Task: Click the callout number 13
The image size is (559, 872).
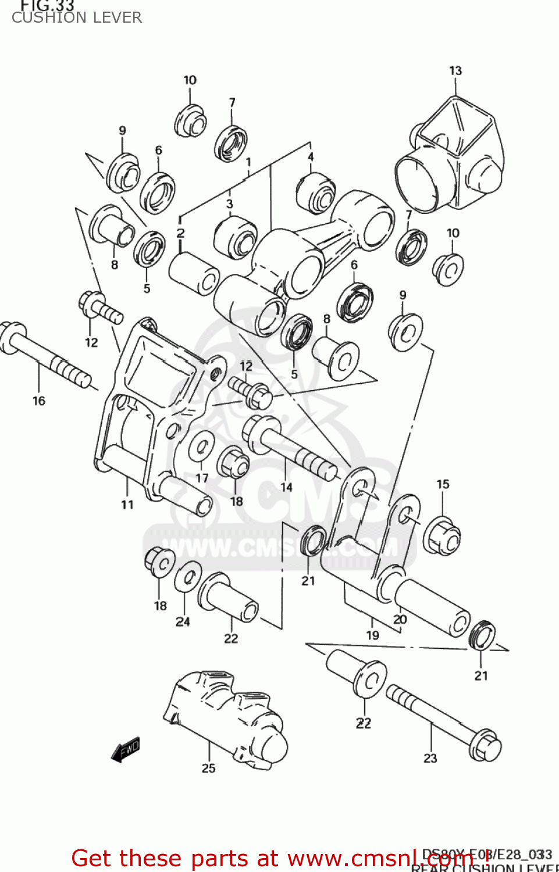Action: (x=455, y=71)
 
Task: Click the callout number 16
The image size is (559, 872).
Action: (x=39, y=401)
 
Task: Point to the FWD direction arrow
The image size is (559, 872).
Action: (x=126, y=749)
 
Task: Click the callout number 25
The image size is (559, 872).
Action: (x=208, y=768)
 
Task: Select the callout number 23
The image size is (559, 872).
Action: (x=430, y=758)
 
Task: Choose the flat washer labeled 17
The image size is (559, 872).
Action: (x=201, y=447)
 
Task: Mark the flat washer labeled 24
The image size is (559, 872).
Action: (x=188, y=577)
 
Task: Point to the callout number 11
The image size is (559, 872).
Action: (x=127, y=505)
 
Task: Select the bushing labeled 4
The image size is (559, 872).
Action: (x=315, y=194)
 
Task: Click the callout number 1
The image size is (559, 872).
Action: (x=248, y=162)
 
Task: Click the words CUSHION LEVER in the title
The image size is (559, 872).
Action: (x=77, y=17)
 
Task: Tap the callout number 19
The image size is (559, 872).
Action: (x=372, y=635)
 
